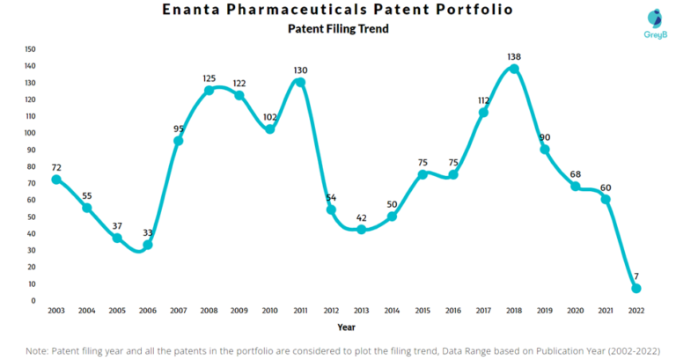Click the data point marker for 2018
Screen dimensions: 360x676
click(x=514, y=69)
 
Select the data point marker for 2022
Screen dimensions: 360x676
click(x=636, y=289)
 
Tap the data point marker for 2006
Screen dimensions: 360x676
click(x=148, y=245)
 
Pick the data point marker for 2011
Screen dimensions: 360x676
click(x=300, y=82)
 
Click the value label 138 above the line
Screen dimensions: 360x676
click(x=514, y=56)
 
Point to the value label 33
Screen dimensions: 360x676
click(x=148, y=232)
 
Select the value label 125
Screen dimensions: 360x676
click(x=209, y=78)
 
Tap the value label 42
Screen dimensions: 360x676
click(x=361, y=217)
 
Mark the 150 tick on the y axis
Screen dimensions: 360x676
click(x=30, y=49)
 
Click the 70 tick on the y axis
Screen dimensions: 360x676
click(x=31, y=183)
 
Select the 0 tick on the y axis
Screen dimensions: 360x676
click(x=33, y=301)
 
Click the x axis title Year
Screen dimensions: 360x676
click(x=346, y=327)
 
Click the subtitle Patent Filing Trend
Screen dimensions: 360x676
click(x=338, y=29)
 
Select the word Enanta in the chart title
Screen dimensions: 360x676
click(x=198, y=10)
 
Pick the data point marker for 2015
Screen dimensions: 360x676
click(x=422, y=174)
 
